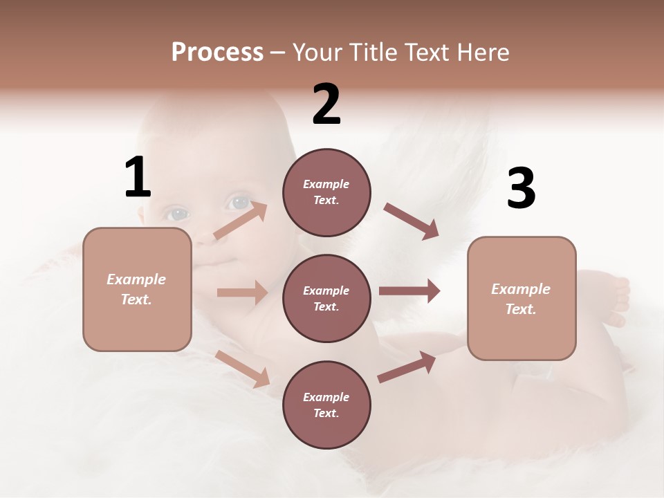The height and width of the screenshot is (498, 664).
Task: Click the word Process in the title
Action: [217, 53]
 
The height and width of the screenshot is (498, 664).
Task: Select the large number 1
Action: [138, 178]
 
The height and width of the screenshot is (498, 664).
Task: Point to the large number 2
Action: [326, 104]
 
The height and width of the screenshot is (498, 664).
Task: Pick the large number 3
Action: [521, 189]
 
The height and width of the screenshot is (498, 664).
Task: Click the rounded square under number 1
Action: [137, 289]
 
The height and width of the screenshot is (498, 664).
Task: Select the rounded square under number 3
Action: [522, 299]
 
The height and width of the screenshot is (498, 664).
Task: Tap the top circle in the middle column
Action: [326, 192]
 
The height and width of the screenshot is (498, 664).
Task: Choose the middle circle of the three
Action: [326, 298]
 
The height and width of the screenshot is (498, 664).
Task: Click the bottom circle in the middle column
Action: [326, 405]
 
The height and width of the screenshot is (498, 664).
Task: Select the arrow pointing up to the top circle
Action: [240, 221]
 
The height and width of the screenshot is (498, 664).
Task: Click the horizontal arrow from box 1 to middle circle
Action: [242, 293]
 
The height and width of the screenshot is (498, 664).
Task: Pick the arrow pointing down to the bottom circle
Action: [242, 369]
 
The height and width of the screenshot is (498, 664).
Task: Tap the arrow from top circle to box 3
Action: [411, 221]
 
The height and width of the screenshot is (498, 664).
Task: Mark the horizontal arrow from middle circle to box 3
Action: [409, 291]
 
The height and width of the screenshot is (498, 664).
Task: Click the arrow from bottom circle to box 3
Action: [407, 367]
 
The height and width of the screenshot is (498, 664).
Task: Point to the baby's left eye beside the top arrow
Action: [176, 214]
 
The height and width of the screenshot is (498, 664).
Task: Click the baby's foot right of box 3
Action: [616, 301]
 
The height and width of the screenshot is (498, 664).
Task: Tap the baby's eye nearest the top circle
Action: [241, 203]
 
